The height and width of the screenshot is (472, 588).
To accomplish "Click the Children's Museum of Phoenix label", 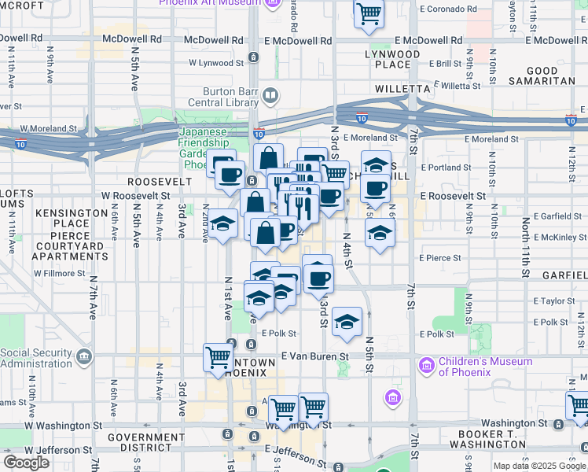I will coord(485,367).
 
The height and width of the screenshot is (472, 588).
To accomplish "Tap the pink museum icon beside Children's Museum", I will coord(427,366).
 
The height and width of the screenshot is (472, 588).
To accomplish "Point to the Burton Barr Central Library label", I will coord(220,96).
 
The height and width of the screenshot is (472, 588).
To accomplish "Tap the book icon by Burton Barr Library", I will coord(270,97).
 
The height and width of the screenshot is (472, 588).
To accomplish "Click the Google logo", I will coord(26,463).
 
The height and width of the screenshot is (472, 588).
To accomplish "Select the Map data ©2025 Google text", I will coord(540,466).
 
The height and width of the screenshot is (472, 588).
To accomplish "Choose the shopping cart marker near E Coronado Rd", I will coord(369,13).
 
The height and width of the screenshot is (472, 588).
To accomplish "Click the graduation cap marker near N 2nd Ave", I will coord(222,223).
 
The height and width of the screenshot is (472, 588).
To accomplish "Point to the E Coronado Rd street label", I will coord(448,9).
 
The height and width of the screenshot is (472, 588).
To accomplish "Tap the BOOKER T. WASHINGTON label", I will coord(483,439).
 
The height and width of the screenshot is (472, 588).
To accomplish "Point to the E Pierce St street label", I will coord(440,257).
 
